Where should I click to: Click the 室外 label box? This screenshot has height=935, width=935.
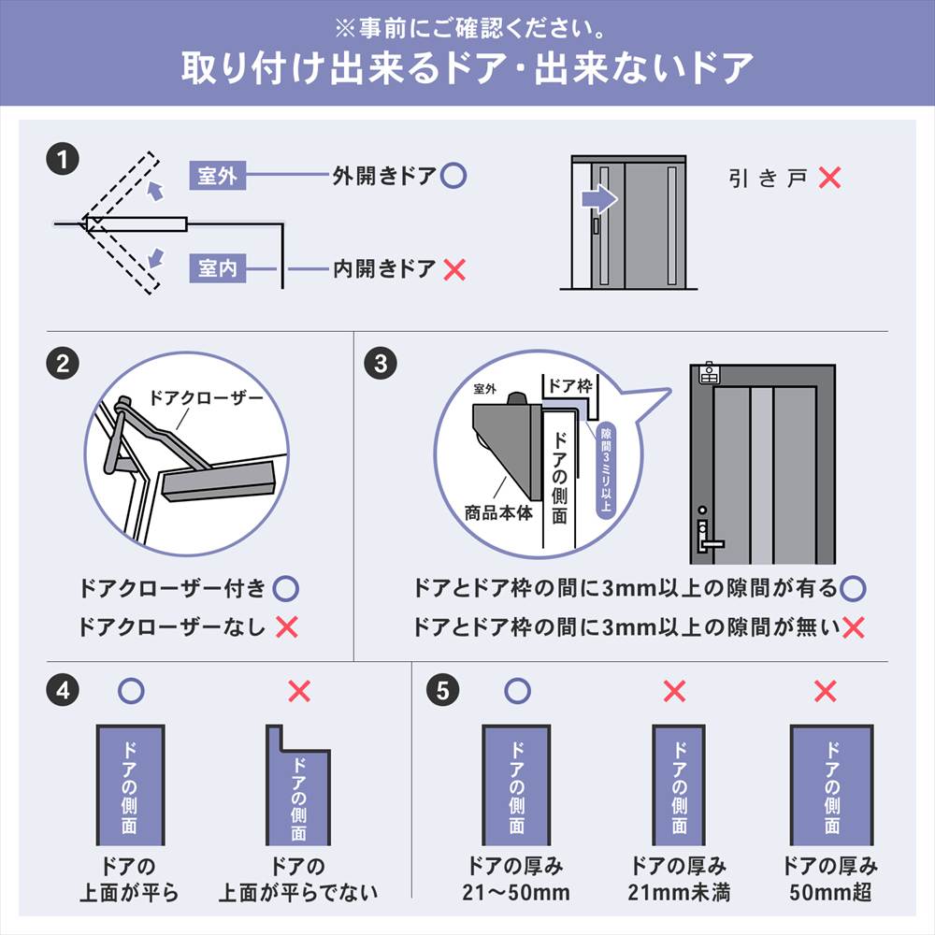click(218, 176)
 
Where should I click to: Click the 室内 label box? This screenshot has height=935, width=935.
click(218, 269)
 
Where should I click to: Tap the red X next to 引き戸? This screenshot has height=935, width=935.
click(828, 178)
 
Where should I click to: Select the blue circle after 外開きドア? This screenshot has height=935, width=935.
click(453, 175)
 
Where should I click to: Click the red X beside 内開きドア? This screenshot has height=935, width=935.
click(453, 270)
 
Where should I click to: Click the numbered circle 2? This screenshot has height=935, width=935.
click(62, 363)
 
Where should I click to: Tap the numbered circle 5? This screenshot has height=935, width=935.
click(442, 691)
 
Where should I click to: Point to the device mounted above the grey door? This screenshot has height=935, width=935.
click(709, 375)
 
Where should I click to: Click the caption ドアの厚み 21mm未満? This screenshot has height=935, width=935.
click(679, 879)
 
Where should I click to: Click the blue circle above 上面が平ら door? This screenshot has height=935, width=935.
click(132, 691)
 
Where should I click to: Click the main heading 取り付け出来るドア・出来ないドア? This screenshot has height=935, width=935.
click(467, 68)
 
